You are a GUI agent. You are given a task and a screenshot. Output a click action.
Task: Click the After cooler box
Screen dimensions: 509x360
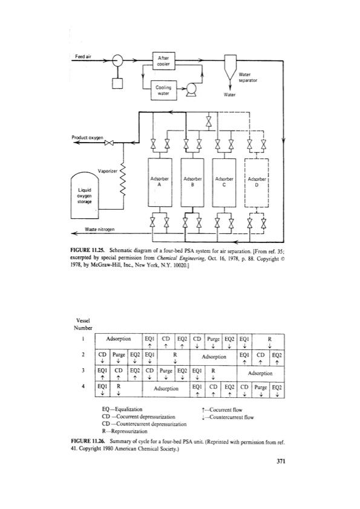pos(164,62)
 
